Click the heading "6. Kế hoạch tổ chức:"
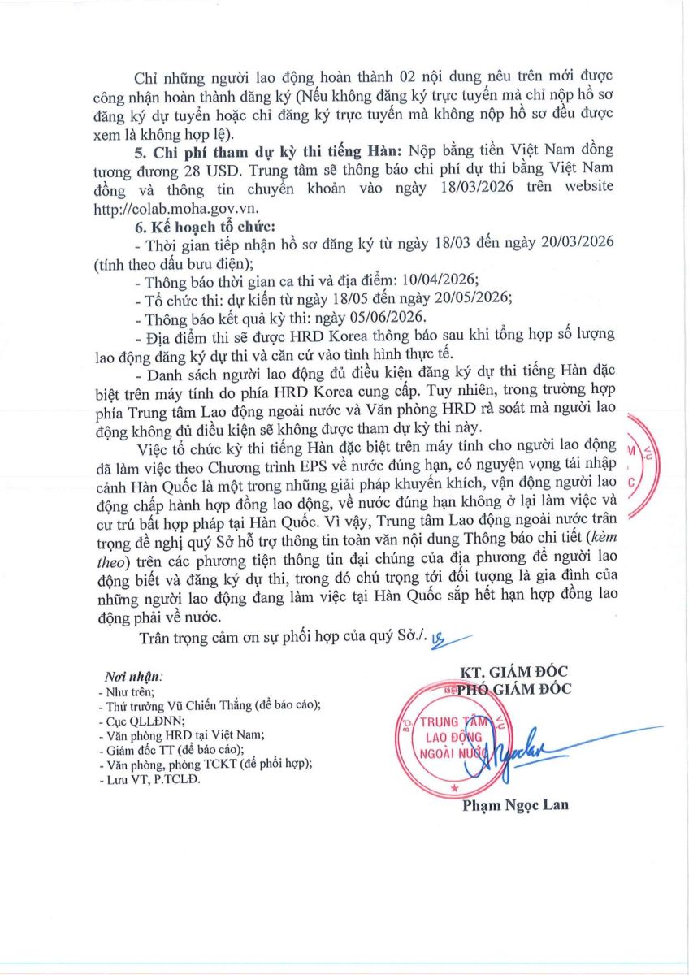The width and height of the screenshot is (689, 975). (183, 225)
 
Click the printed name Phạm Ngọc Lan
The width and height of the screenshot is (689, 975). (515, 805)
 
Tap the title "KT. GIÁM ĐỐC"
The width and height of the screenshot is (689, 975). (513, 672)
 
